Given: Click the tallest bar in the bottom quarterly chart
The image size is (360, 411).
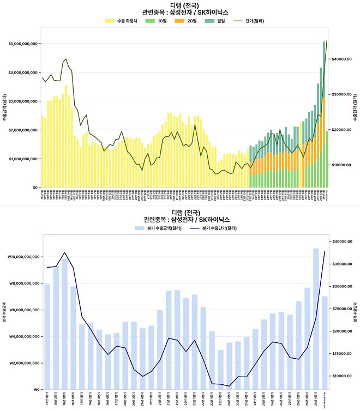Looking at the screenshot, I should [316, 319].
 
